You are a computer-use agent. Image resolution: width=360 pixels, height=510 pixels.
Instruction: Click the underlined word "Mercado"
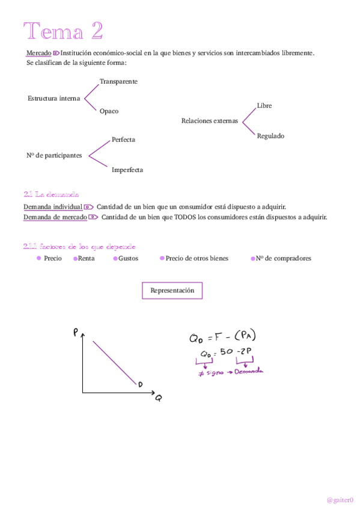coord(38,53)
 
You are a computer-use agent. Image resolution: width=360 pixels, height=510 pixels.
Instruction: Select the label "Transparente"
coord(118,81)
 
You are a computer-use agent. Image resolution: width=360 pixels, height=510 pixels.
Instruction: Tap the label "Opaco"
coord(109,111)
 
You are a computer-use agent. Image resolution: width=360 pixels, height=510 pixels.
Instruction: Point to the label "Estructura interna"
coord(53,98)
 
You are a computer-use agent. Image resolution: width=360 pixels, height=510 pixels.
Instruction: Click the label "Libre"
coord(264,106)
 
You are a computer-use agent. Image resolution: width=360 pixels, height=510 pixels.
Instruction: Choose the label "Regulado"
coord(270,136)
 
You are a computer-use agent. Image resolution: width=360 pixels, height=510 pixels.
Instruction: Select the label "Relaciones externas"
coord(209,121)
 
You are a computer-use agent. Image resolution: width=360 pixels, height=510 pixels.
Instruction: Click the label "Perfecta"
coord(123,140)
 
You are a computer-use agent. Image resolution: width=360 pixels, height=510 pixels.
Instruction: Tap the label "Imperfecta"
coord(127,170)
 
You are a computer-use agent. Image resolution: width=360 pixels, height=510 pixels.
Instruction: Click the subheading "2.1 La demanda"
coord(50,194)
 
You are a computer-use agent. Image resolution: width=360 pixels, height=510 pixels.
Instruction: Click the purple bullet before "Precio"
coord(38,258)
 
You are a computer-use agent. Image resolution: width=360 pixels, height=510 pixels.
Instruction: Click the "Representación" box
coord(172,290)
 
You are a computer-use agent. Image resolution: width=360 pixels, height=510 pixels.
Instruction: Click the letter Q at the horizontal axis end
coord(158,398)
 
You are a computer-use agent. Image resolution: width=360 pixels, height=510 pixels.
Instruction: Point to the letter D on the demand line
coord(139,384)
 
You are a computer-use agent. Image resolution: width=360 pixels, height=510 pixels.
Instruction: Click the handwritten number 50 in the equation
coord(226,351)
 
